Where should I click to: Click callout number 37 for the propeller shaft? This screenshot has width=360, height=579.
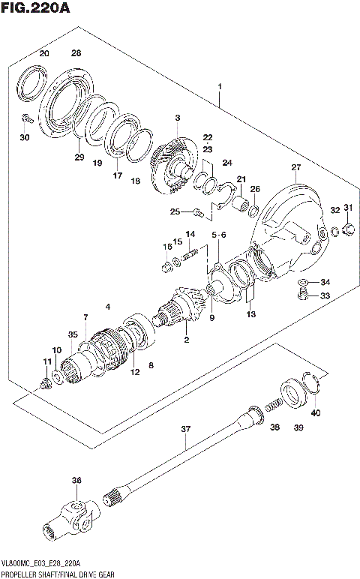[x=186, y=430]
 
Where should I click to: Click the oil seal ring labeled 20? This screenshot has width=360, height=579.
[x=31, y=83]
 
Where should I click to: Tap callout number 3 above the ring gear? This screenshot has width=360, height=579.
[x=178, y=118]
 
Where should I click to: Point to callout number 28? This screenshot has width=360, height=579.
[x=76, y=53]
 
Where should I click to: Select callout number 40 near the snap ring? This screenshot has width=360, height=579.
[x=315, y=413]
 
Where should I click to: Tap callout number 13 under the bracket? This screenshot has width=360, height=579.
[x=250, y=314]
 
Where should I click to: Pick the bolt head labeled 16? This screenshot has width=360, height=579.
[x=166, y=263]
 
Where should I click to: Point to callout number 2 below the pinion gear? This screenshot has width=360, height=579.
[x=186, y=342]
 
